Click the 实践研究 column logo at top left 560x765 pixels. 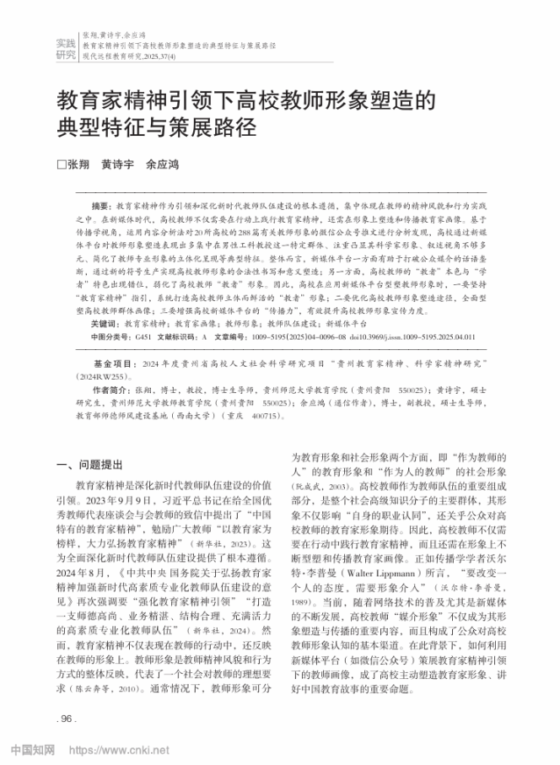coord(65,48)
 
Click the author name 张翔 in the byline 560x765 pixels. coord(77,165)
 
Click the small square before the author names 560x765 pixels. coord(60,165)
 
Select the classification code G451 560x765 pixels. coord(147,336)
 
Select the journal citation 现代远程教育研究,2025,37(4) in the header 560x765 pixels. coord(129,57)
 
